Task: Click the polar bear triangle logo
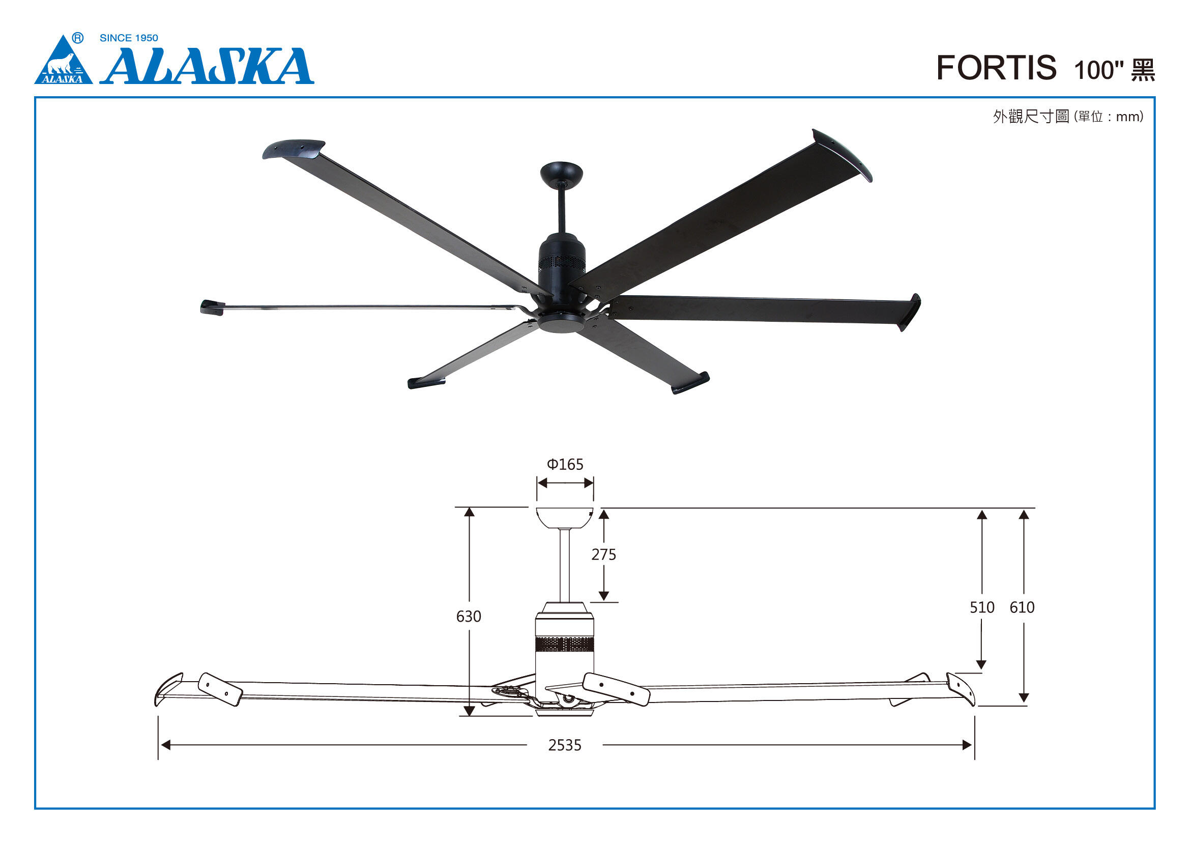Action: coord(63,61)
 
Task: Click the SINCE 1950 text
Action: coord(129,38)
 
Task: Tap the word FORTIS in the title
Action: coord(996,68)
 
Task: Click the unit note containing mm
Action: coord(1109,117)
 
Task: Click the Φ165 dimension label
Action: coord(565,464)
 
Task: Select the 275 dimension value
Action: coord(604,555)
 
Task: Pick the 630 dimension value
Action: coord(469,616)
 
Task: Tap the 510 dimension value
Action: coord(982,607)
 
